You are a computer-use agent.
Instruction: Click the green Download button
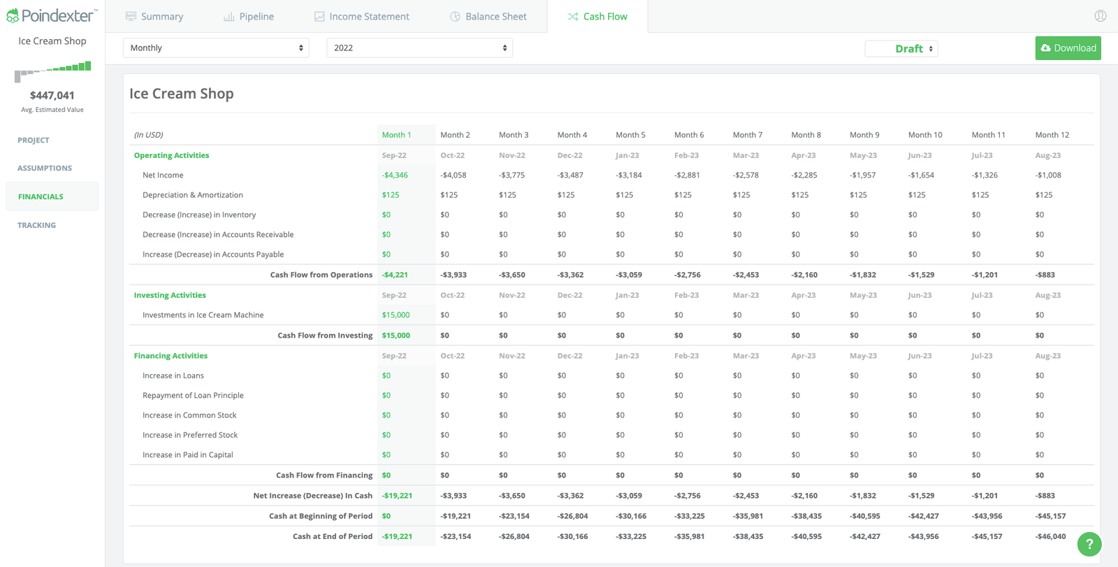(x=1068, y=48)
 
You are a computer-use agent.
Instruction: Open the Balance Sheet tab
(x=488, y=17)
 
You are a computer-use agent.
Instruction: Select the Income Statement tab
(x=362, y=17)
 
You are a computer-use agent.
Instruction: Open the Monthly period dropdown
(x=216, y=48)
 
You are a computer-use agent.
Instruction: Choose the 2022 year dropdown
(x=419, y=48)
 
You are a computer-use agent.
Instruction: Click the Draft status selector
(x=901, y=49)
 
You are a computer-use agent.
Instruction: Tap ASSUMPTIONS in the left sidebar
(x=45, y=168)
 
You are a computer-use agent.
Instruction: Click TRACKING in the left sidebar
(x=36, y=225)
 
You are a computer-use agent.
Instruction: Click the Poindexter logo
(x=52, y=15)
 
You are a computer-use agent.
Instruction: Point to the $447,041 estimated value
(x=52, y=96)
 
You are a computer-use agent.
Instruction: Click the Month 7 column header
(x=747, y=135)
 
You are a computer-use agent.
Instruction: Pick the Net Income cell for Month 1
(x=395, y=175)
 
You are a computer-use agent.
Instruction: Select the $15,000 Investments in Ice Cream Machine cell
(x=395, y=315)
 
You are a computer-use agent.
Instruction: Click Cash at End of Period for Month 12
(x=1050, y=537)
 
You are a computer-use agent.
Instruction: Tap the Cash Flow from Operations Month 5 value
(x=628, y=275)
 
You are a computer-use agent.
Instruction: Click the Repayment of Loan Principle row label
(x=193, y=396)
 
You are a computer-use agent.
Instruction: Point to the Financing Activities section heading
(x=170, y=356)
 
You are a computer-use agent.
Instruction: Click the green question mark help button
(x=1089, y=544)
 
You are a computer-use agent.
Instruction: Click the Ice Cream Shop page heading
(x=182, y=94)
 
